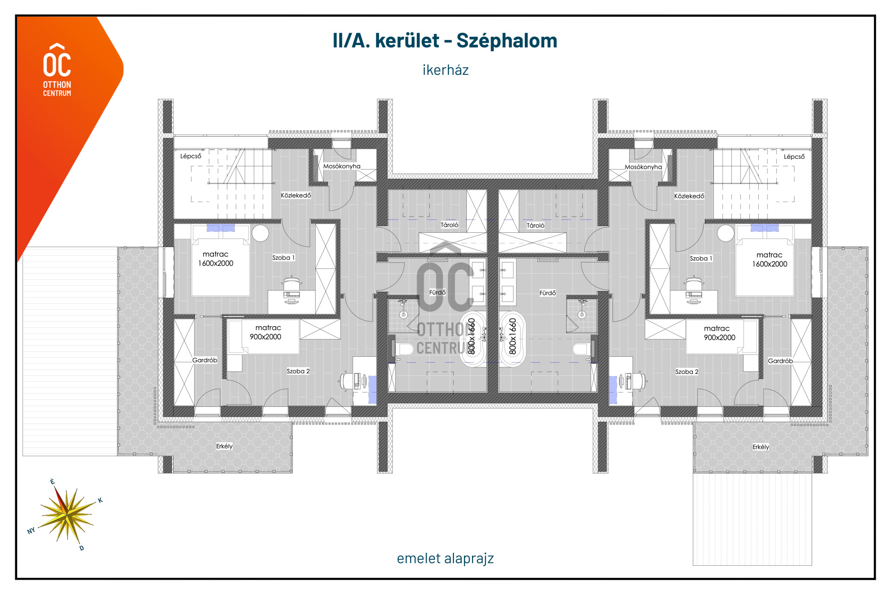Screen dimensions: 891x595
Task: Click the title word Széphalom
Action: [507, 41]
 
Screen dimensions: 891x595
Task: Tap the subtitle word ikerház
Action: [445, 70]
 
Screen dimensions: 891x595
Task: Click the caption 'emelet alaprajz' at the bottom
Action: [445, 558]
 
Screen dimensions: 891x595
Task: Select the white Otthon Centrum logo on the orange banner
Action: [57, 70]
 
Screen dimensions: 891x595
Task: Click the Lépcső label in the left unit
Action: [191, 156]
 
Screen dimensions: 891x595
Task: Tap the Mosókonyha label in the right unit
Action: [643, 167]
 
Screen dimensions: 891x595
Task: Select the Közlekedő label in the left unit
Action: [296, 195]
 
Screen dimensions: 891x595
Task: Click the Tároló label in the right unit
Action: [536, 225]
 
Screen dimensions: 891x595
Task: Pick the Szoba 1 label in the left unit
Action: [283, 257]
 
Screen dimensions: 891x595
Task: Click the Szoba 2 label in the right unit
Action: [687, 372]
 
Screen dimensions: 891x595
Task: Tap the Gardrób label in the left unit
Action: [205, 360]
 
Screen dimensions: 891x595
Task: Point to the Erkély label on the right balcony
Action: [761, 447]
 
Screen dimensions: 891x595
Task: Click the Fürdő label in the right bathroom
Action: [548, 293]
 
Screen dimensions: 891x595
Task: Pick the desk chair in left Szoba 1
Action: [292, 283]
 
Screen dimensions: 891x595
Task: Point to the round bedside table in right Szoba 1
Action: [726, 233]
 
